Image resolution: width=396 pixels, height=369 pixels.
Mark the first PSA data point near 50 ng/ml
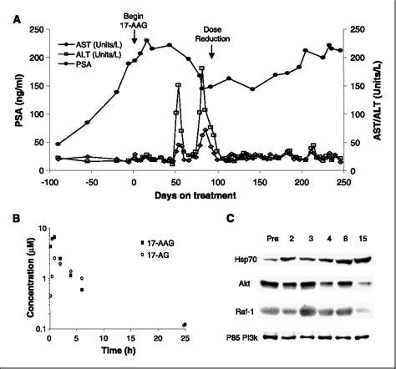click(58, 144)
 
